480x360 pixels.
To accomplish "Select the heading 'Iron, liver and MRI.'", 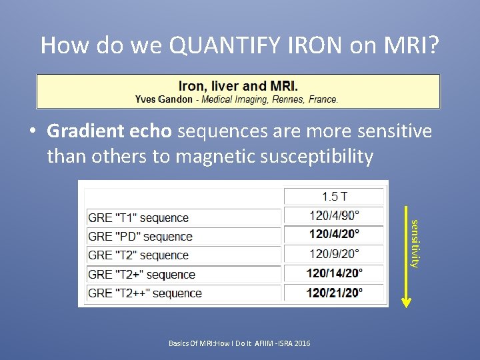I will [238, 86].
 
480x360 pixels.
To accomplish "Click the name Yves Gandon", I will [163, 99].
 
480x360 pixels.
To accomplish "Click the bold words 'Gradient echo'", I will [109, 131].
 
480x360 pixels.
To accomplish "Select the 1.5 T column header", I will [334, 196].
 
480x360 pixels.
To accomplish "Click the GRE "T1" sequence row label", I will [138, 218].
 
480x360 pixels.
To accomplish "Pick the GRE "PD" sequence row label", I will [140, 237].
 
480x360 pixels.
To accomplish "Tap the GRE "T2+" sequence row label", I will [141, 275].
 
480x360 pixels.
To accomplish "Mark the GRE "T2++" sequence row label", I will [144, 293].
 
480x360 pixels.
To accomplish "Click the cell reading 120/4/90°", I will [334, 215].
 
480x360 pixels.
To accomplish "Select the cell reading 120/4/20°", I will [334, 234].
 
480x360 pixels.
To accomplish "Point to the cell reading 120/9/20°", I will [334, 253].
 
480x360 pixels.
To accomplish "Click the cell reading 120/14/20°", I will [334, 273].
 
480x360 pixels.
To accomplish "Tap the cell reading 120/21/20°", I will [334, 291].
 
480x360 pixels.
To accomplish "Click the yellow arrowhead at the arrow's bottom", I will [406, 301].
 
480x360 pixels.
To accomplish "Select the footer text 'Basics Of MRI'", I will [191, 343].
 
